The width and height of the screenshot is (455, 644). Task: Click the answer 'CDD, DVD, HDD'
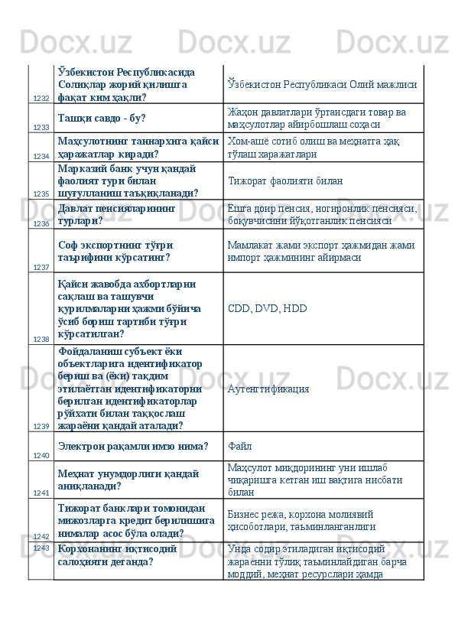268,309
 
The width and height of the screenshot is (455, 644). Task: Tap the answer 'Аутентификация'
268,388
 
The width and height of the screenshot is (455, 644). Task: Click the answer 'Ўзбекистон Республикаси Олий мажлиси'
322,84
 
